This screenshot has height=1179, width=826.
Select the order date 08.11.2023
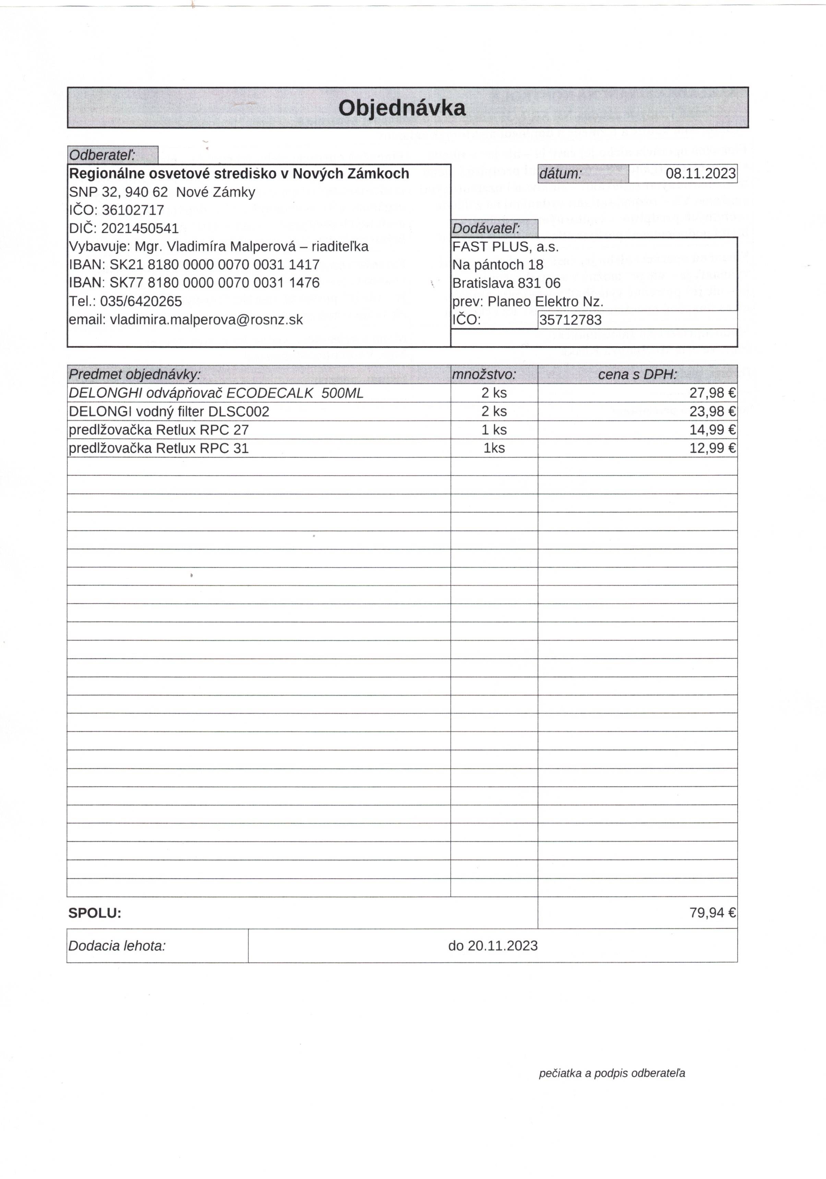700,174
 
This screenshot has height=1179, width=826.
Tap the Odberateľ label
102,155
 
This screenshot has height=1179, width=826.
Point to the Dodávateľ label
486,228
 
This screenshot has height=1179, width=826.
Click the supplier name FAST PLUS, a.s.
505,247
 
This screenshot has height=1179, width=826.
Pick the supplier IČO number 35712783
570,320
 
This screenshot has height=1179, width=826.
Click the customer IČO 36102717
133,210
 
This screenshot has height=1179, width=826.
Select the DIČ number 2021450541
140,228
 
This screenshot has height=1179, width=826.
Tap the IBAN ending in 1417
215,265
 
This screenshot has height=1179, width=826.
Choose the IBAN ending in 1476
215,283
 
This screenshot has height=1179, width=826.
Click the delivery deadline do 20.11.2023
492,946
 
